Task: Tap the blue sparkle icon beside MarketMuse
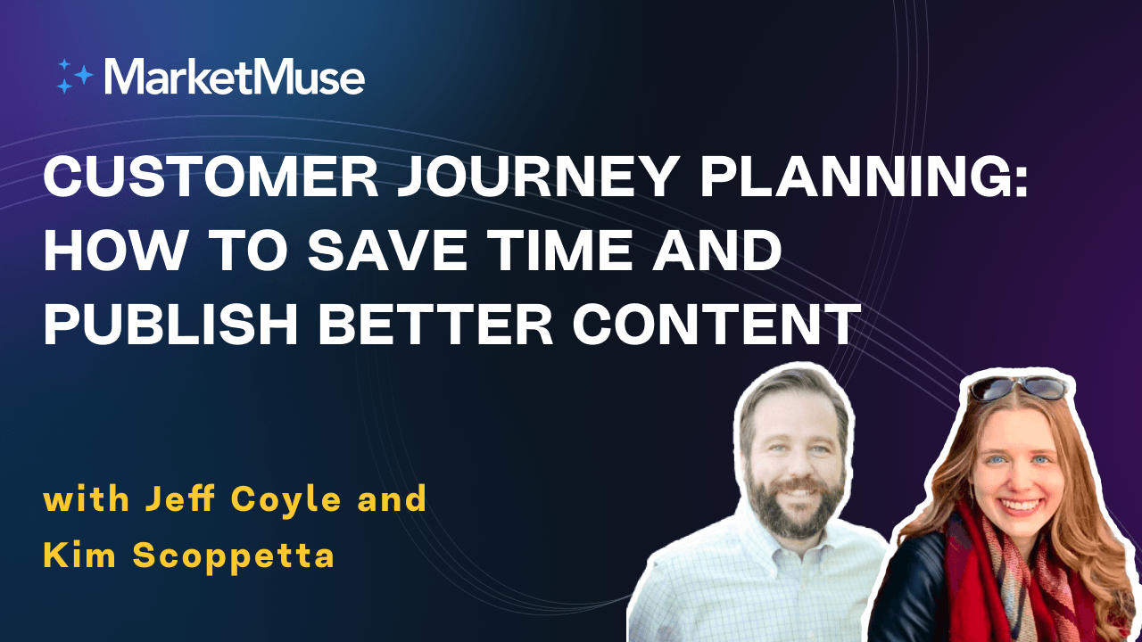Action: pos(75,77)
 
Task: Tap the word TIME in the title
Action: pos(567,251)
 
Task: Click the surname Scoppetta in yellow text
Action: pos(234,556)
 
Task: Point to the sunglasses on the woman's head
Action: pos(1017,387)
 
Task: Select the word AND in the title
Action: pos(719,251)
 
